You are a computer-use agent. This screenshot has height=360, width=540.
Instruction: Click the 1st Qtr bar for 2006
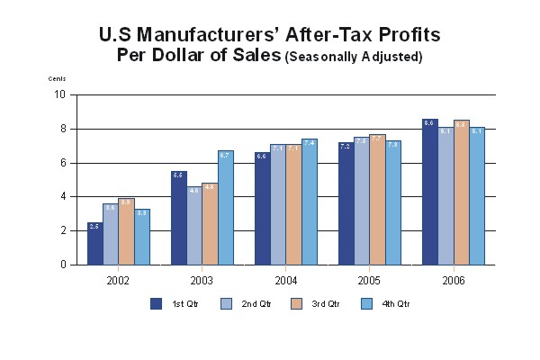click(x=428, y=193)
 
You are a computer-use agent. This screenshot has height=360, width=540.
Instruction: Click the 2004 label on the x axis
click(x=284, y=281)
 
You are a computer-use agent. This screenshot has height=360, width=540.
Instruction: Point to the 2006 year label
click(x=453, y=281)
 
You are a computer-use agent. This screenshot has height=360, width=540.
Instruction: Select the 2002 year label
click(x=118, y=281)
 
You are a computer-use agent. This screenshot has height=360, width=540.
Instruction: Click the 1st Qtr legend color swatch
click(x=156, y=303)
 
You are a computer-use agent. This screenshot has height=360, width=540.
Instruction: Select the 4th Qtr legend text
click(x=396, y=304)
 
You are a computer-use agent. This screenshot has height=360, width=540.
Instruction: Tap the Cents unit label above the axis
click(x=58, y=79)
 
